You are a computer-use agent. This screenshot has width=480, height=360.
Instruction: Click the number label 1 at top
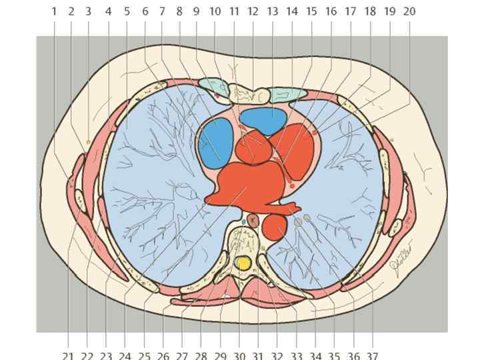pos(54,11)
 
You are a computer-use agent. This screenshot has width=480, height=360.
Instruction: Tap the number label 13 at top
pos(272,11)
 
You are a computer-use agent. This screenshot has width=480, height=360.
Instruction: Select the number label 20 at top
pos(409,11)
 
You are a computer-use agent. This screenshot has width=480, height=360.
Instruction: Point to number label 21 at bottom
pos(68,355)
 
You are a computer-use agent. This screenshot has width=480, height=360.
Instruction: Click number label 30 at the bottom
pos(239,355)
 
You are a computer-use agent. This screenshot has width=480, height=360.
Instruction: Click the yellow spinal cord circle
pos(244,263)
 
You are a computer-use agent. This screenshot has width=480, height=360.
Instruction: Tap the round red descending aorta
pos(273,227)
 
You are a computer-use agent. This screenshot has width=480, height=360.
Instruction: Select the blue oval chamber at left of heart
pos(215,142)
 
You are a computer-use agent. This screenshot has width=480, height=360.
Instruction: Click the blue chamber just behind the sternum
pos(263,119)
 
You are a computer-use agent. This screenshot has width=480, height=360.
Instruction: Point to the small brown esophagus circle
pos(253,220)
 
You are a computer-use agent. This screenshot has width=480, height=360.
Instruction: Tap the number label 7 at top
pos(161,11)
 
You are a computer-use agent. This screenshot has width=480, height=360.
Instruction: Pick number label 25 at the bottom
pos(143,355)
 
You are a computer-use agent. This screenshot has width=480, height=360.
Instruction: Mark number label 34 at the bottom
pos(315,355)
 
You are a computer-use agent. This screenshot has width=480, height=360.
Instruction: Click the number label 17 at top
pos(351,11)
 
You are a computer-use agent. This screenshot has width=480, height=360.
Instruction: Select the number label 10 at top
pos(215,11)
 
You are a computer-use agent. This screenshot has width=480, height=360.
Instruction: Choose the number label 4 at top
pos(108,11)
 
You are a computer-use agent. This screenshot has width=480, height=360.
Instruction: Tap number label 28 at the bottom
pos(201,355)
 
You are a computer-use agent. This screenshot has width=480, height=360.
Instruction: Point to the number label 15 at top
pos(311,11)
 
